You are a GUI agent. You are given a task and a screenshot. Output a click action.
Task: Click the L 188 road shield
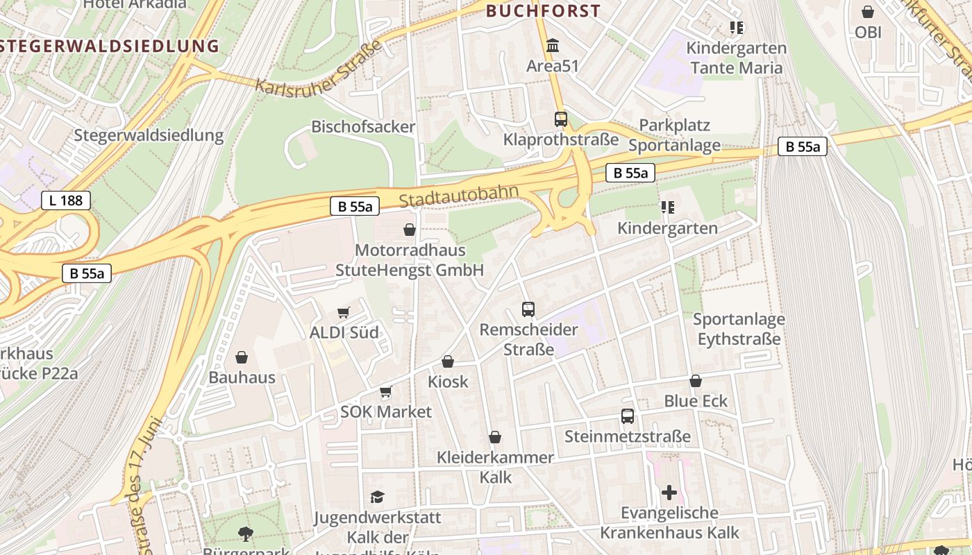(x=66, y=200)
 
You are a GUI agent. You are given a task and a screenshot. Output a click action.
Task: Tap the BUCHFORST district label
(x=543, y=11)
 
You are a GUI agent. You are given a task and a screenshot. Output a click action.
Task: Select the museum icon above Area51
(x=553, y=46)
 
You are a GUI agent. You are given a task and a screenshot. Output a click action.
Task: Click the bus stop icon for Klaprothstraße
(x=560, y=119)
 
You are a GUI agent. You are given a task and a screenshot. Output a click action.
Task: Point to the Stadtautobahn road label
(x=459, y=196)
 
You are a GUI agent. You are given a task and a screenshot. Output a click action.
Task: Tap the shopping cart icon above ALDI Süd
(x=344, y=312)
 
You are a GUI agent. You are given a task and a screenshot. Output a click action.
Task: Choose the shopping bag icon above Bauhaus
(x=242, y=357)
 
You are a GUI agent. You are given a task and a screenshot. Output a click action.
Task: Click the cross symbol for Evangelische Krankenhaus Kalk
(x=669, y=493)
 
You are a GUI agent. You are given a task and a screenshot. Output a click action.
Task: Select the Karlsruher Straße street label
(x=319, y=68)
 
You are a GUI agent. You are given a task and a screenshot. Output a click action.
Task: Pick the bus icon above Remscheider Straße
(x=528, y=309)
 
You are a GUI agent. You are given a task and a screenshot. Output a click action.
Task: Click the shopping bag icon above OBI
(x=867, y=12)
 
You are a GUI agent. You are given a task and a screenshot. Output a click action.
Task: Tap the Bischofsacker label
(x=362, y=127)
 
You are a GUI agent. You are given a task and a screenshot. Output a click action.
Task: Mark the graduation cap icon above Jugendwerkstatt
(x=377, y=497)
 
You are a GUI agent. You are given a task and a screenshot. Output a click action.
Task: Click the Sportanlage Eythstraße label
(x=739, y=329)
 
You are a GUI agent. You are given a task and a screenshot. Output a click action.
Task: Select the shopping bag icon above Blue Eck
(x=696, y=381)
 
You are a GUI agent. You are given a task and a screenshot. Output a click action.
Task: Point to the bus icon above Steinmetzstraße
(x=628, y=416)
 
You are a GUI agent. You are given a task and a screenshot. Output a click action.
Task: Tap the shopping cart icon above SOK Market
(x=386, y=392)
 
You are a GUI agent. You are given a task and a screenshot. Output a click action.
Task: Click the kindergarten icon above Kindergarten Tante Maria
(x=737, y=28)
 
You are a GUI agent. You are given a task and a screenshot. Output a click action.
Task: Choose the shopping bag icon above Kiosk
(x=448, y=361)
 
